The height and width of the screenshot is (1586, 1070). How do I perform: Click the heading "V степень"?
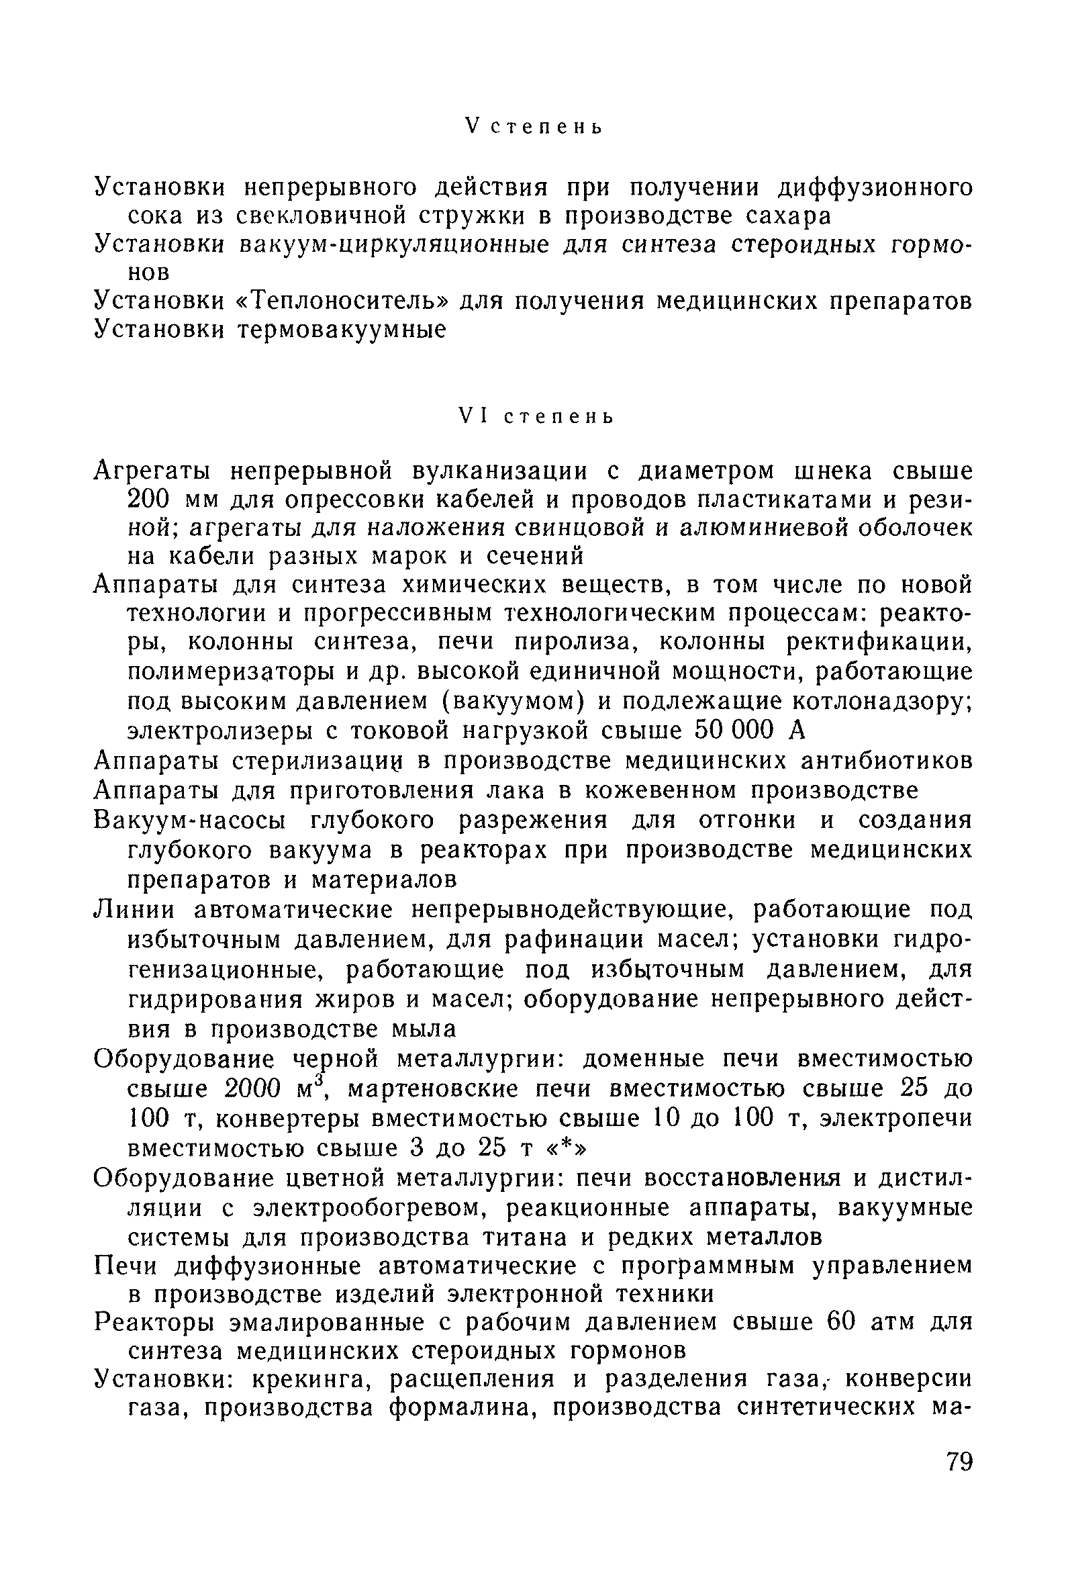pyautogui.click(x=534, y=127)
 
